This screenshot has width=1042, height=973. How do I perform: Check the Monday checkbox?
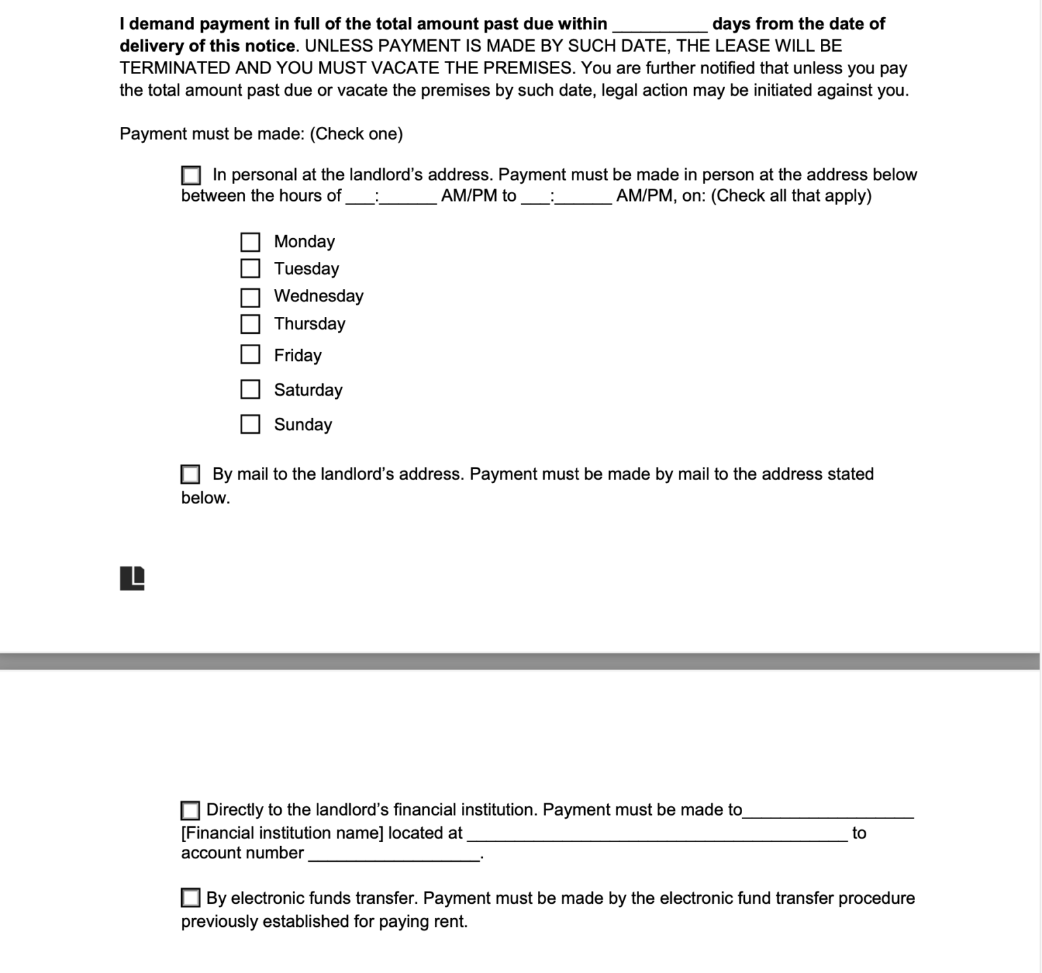[x=250, y=242]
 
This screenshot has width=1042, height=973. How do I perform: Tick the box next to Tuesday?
[x=250, y=269]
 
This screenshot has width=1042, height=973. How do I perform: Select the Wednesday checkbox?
[x=250, y=297]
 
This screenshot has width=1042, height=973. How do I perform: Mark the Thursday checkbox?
[x=250, y=324]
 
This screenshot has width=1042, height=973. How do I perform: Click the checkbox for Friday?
[x=250, y=354]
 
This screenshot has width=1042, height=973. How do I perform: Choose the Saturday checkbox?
[x=250, y=389]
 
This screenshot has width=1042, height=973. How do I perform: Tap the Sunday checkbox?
[x=250, y=424]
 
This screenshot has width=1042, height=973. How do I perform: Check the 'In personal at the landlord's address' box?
[x=191, y=176]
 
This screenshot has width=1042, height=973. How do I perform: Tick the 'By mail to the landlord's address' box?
[x=190, y=474]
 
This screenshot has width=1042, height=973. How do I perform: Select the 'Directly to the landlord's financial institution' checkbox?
[x=190, y=810]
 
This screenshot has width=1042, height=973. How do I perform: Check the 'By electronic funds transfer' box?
[x=190, y=898]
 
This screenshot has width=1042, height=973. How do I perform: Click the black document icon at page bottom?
[x=132, y=578]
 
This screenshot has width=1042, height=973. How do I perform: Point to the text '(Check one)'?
[x=356, y=134]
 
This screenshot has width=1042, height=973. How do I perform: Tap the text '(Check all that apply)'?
[x=791, y=196]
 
